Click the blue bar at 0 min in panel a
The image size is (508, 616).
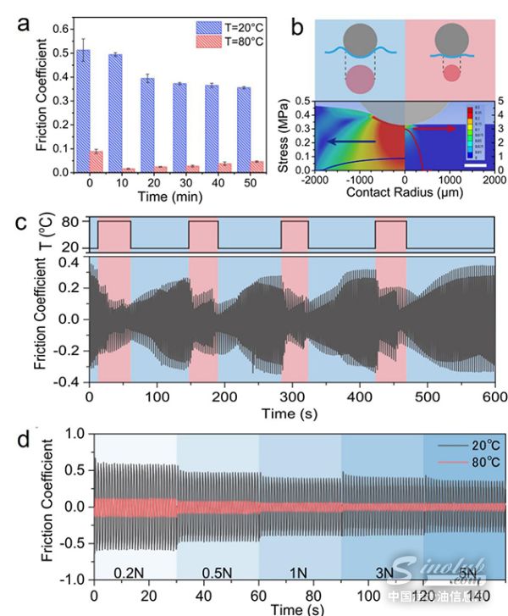point(83,111)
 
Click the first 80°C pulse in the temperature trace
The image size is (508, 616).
point(114,235)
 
